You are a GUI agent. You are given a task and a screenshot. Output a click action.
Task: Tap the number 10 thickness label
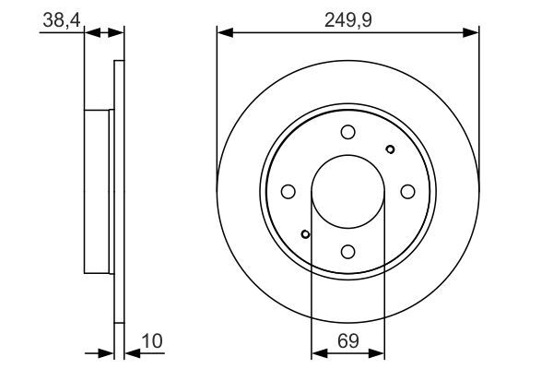coord(153,342)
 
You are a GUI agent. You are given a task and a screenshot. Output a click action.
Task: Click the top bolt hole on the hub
coord(347,132)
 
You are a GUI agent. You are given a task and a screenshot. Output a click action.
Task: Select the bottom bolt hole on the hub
coord(347,251)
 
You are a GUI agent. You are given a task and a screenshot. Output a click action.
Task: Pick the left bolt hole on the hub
coord(288,192)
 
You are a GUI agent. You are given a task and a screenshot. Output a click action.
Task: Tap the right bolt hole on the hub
coord(407,192)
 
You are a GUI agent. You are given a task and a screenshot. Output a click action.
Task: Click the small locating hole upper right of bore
coord(390,149)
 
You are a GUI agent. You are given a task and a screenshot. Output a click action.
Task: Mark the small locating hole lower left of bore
coord(305,234)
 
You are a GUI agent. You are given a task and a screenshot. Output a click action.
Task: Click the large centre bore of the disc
coord(347,192)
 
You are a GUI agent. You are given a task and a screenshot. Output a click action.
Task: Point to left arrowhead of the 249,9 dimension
coord(224,33)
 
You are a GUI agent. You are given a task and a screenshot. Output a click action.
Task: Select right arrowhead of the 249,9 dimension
coord(472,33)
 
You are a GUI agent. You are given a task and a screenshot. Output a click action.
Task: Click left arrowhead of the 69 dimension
coord(318,351)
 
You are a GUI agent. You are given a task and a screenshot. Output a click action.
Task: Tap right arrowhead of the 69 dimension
coord(377,351)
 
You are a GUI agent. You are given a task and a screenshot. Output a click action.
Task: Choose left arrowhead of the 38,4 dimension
coord(90,33)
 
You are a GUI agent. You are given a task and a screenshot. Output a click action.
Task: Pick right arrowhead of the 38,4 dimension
coord(117,33)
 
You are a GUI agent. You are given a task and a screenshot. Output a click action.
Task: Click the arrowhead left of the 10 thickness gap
coord(107,351)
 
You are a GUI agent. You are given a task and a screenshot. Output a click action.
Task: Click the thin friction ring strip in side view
coord(118,192)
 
